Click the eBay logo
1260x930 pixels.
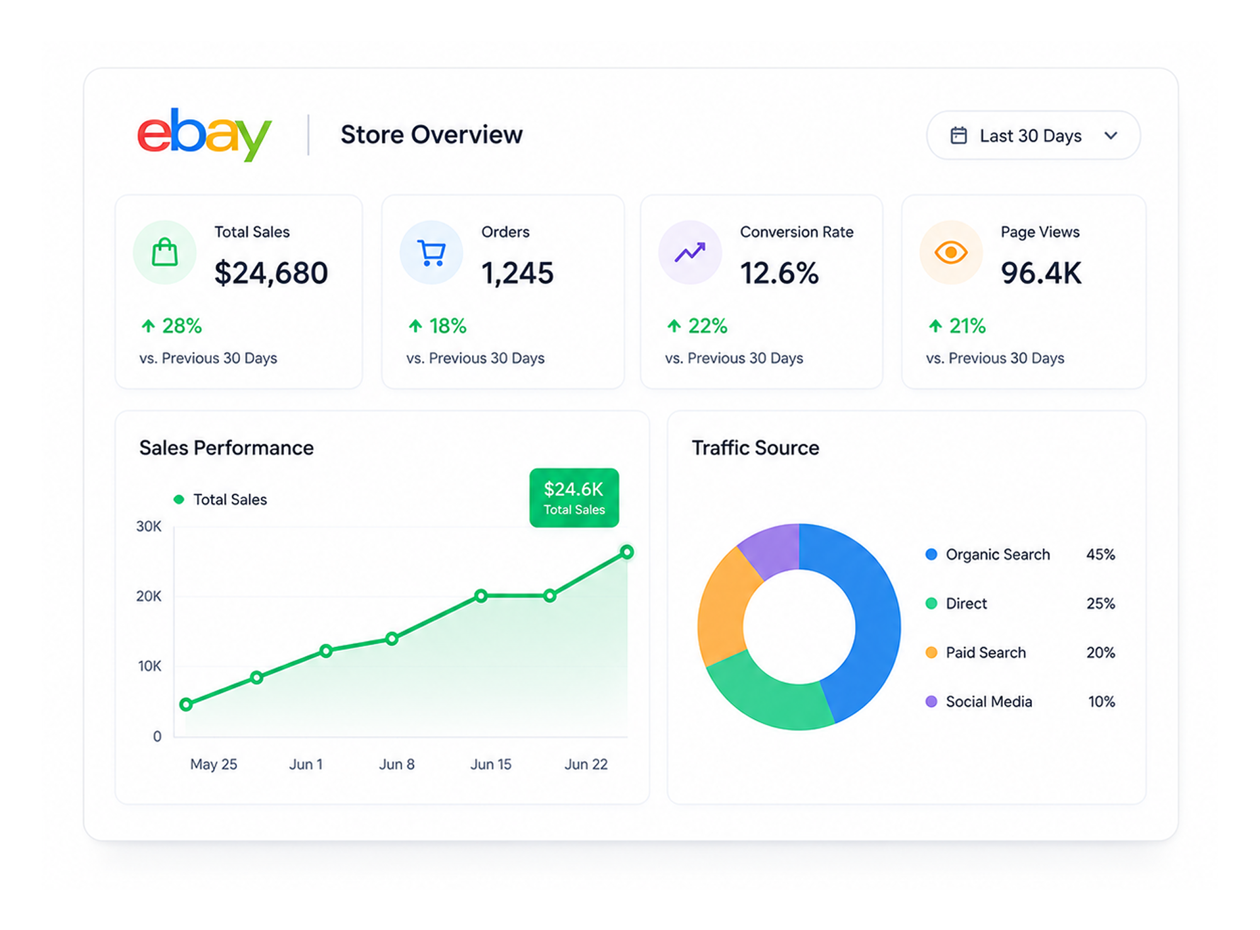pos(204,134)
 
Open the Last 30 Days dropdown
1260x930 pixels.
pos(1033,135)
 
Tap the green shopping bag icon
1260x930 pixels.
pos(164,252)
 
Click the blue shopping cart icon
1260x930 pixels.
pos(432,253)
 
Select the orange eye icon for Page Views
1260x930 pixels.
pos(951,253)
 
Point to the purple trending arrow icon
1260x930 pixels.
pos(690,253)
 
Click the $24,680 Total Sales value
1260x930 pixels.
pos(271,273)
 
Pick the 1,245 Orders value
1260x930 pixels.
pos(517,273)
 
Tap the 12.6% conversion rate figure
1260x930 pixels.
pos(779,273)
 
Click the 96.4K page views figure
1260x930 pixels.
pos(1041,273)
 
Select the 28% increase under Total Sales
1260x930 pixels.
pos(171,326)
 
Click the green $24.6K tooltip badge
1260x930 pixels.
pos(574,498)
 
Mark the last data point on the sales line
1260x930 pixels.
pos(627,552)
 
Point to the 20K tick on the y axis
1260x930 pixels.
pos(149,596)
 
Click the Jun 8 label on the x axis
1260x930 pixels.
pos(397,764)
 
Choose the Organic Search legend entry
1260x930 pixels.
pos(988,554)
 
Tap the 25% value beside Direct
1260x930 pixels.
pos(1101,604)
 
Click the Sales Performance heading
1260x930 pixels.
pos(226,448)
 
